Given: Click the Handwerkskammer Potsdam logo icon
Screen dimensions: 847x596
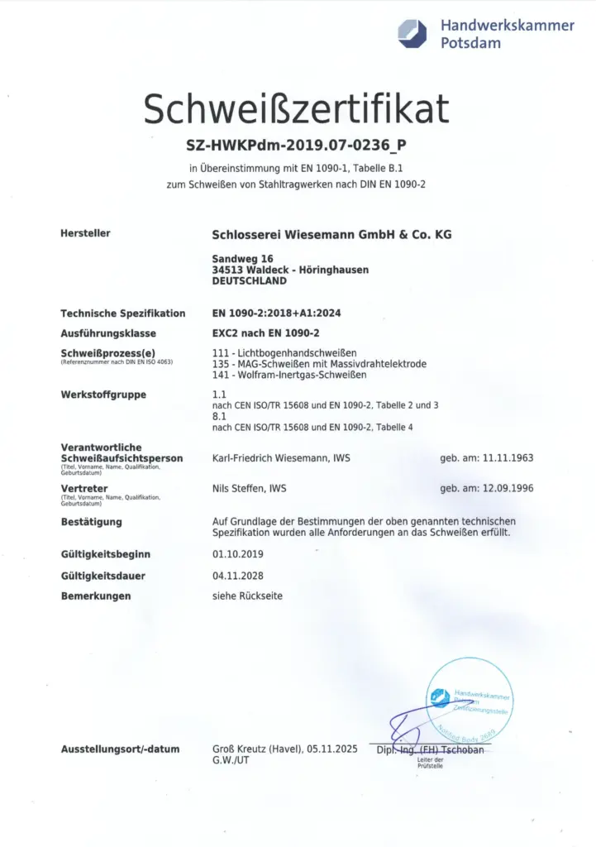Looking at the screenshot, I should coord(412,33).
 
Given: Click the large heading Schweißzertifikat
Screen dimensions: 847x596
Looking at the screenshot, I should coord(297,109).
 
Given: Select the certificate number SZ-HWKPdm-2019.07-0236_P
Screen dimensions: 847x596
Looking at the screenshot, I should coord(297,146).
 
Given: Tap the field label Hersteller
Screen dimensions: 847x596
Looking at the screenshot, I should coord(85,234).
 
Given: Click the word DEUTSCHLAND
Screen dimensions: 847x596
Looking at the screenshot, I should coord(250,280).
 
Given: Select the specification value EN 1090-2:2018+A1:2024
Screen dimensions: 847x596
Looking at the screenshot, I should coord(276,313).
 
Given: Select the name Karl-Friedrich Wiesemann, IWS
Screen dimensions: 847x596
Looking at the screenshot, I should coord(281,457).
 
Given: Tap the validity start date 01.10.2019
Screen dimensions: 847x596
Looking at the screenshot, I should coord(238,554).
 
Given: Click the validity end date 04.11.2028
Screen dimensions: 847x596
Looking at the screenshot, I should coord(238,576).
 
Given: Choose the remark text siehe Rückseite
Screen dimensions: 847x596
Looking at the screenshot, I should coord(248,596).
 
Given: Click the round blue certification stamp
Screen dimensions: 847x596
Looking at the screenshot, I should coord(470,696).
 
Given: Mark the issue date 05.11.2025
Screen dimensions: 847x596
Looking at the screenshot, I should coord(331,749).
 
